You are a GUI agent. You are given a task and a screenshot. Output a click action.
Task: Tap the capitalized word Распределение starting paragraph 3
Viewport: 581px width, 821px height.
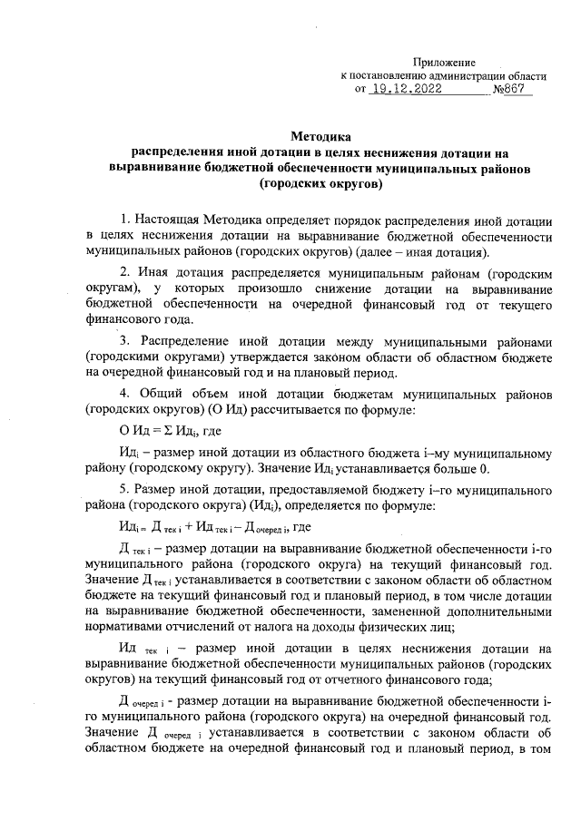(187, 339)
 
